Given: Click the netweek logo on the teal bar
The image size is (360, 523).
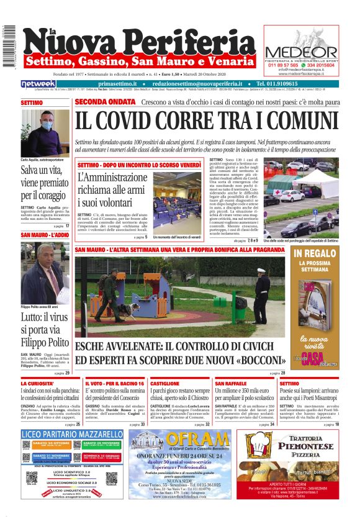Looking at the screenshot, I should [38, 83].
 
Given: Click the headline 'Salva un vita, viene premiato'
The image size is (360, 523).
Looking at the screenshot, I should [45, 177].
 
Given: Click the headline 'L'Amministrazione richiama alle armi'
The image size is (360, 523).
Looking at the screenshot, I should [112, 189].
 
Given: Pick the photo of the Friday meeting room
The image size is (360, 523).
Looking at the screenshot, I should [176, 201].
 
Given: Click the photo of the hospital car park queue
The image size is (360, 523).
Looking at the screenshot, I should [301, 199].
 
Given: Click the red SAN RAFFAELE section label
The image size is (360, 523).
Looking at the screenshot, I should [231, 384].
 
